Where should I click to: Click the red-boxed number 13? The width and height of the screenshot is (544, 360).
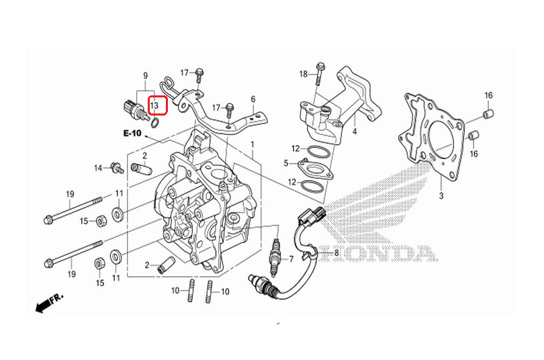click(154, 105)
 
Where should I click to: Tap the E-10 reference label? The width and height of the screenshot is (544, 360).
click(132, 133)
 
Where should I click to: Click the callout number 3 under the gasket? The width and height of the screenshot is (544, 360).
click(441, 196)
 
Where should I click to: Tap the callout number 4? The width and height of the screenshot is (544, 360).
click(354, 132)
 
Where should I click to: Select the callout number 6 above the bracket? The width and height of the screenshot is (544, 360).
click(253, 99)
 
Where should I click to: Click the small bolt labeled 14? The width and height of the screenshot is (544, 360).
click(117, 168)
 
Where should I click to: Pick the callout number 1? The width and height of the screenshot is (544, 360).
click(253, 144)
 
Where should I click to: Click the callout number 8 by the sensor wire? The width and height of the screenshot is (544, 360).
click(336, 253)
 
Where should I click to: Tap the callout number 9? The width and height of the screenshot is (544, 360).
click(145, 76)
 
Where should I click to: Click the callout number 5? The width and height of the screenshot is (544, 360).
click(286, 163)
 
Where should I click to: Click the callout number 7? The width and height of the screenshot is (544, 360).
click(291, 259)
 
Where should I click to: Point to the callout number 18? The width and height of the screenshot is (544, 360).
click(304, 74)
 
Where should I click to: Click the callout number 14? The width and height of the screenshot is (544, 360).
click(99, 168)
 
